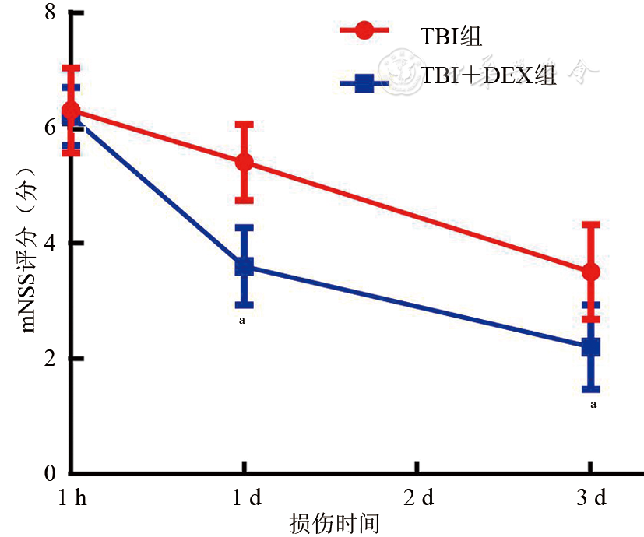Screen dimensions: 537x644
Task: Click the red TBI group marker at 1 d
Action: (x=245, y=162)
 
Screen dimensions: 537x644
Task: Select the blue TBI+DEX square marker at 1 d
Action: (x=245, y=266)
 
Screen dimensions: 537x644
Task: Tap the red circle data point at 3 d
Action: (x=591, y=272)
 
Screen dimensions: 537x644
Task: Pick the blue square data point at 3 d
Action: (x=591, y=346)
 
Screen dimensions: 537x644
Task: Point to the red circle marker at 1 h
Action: (x=71, y=111)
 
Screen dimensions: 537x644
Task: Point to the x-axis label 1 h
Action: (x=71, y=499)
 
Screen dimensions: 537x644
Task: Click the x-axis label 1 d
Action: (x=245, y=499)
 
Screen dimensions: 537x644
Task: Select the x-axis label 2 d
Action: (x=417, y=499)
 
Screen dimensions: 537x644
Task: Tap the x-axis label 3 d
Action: (x=591, y=499)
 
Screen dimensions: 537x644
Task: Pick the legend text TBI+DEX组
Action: (x=488, y=76)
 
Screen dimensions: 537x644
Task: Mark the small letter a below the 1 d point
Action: (x=244, y=318)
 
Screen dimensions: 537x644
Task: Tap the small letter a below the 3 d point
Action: (x=594, y=405)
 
